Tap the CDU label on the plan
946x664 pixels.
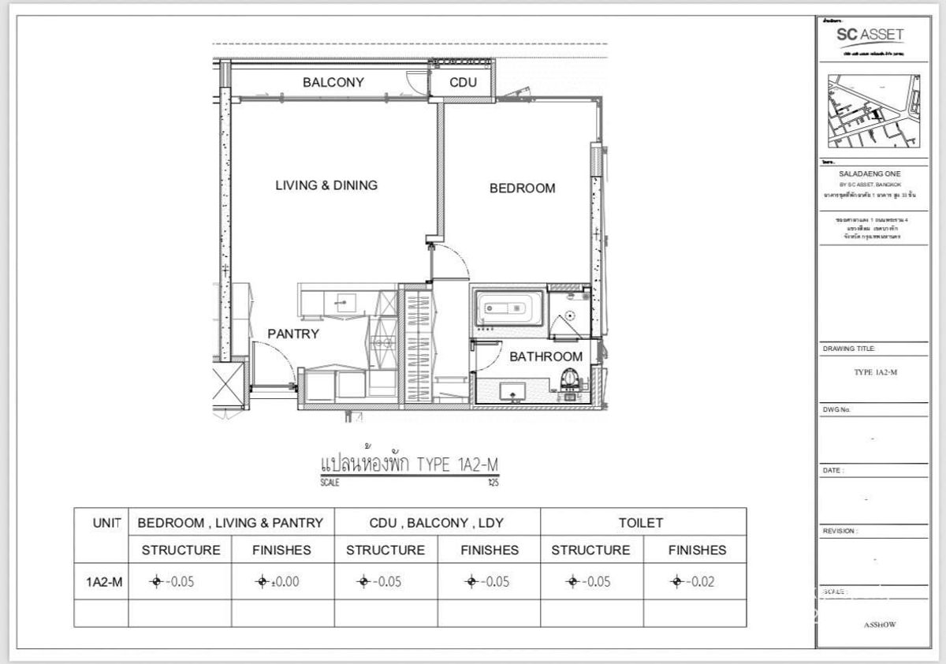pyautogui.click(x=463, y=82)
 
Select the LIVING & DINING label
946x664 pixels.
pyautogui.click(x=326, y=185)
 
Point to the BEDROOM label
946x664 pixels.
pyautogui.click(x=522, y=188)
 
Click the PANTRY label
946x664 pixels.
pyautogui.click(x=292, y=334)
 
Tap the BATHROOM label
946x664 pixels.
pyautogui.click(x=546, y=356)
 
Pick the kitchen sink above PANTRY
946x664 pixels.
pyautogui.click(x=343, y=300)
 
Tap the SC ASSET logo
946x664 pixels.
pyautogui.click(x=870, y=35)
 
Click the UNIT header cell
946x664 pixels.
pyautogui.click(x=107, y=522)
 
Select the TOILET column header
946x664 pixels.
pyautogui.click(x=641, y=522)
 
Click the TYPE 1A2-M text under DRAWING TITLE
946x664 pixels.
pyautogui.click(x=875, y=372)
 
